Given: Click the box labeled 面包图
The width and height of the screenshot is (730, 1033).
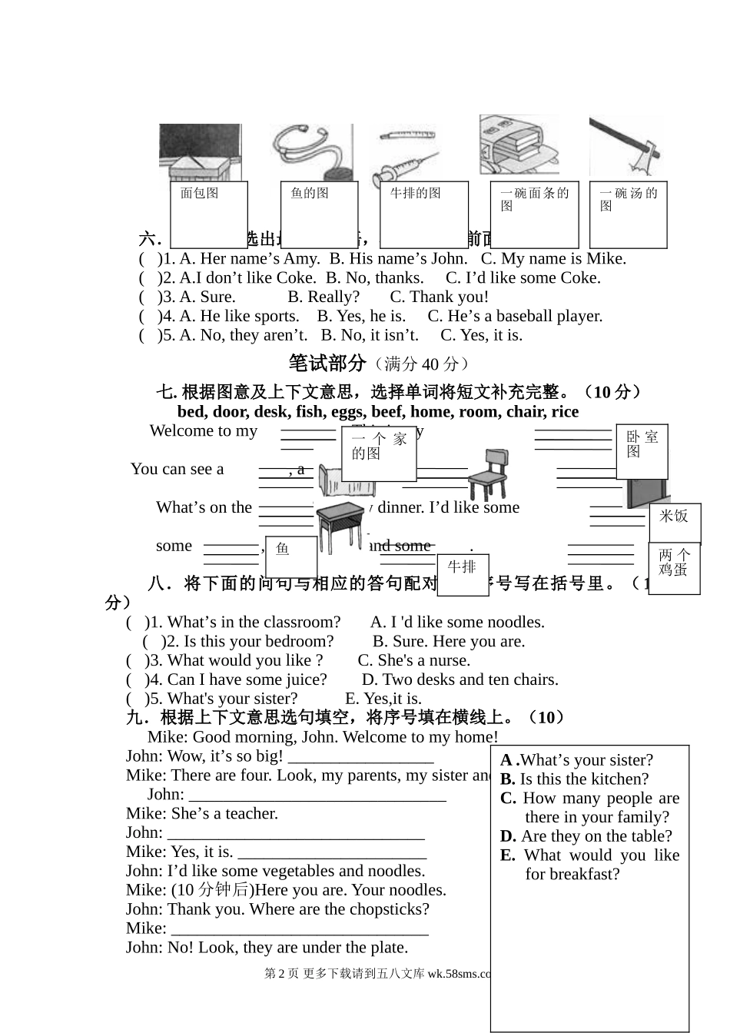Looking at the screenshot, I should pyautogui.click(x=208, y=214).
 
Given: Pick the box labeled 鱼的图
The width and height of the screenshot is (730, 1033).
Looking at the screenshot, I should pyautogui.click(x=320, y=214).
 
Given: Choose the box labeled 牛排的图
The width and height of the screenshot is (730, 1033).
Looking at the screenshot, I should pyautogui.click(x=424, y=214).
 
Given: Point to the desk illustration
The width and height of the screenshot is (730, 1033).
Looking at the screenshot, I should pyautogui.click(x=340, y=524).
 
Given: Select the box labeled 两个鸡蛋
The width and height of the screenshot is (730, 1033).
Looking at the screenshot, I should pyautogui.click(x=674, y=568).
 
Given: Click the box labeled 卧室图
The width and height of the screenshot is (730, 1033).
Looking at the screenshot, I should pyautogui.click(x=642, y=450).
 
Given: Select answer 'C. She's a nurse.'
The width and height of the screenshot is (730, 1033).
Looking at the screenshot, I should pyautogui.click(x=414, y=660).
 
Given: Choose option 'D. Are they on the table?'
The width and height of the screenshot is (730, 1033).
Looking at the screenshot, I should pyautogui.click(x=586, y=836).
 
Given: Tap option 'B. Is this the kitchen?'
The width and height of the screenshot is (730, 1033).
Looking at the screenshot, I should pyautogui.click(x=575, y=779).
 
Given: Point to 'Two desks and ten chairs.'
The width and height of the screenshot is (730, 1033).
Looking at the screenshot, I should pyautogui.click(x=460, y=679).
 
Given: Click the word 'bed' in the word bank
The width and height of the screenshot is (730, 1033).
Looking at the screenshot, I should pyautogui.click(x=191, y=411).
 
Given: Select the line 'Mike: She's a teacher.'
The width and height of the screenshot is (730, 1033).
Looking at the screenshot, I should pyautogui.click(x=202, y=813).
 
